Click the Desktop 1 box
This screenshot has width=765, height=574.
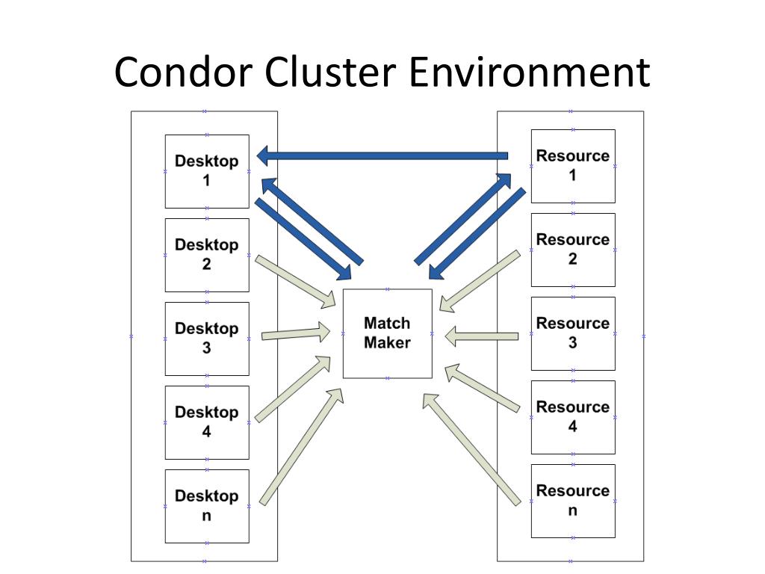[207, 171]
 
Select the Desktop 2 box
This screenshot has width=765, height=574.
[207, 256]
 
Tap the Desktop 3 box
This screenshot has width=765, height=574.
[207, 339]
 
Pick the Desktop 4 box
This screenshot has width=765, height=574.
[207, 423]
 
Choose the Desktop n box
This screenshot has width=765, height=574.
[207, 506]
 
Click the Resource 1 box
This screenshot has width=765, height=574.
[573, 166]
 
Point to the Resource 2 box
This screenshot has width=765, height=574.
[573, 250]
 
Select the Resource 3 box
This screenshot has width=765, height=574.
[573, 333]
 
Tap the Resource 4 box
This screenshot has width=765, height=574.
[573, 417]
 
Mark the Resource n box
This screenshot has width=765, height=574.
[573, 501]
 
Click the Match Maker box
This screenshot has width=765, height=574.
[388, 333]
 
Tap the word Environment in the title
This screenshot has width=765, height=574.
[530, 72]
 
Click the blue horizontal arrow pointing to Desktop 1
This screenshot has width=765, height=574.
[382, 156]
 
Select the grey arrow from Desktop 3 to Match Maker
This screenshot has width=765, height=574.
[296, 333]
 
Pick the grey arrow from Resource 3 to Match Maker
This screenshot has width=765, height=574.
[482, 336]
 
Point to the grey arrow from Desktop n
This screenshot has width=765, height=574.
[302, 446]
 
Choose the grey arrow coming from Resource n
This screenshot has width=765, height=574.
[472, 449]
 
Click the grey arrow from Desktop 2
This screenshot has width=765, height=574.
[296, 281]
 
